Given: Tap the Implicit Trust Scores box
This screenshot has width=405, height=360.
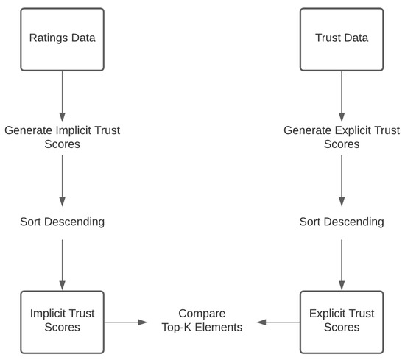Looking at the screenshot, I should [x=63, y=321].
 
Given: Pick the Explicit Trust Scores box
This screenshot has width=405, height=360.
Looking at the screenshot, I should [x=341, y=321].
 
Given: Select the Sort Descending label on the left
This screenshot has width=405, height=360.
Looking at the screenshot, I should [x=63, y=222].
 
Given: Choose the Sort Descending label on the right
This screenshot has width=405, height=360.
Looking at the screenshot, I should [x=341, y=222].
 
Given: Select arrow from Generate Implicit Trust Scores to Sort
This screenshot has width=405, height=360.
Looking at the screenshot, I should [x=63, y=180].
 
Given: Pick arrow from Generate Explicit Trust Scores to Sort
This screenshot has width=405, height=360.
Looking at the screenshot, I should [x=341, y=180].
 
